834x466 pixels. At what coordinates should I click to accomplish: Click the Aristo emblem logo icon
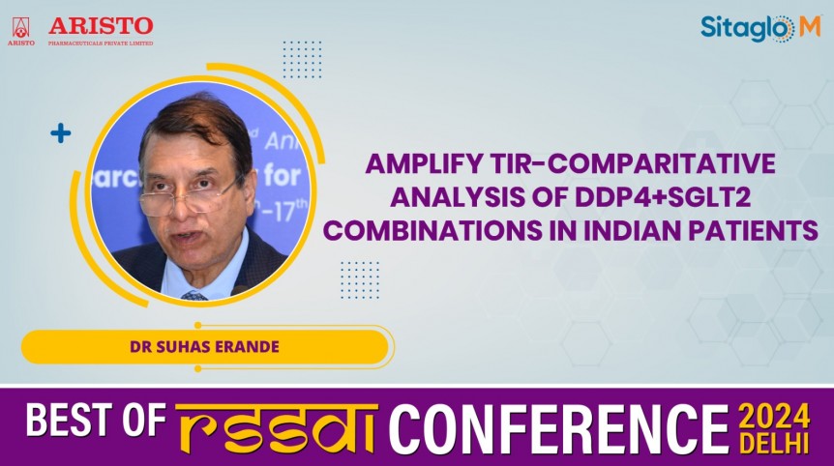tap(20, 30)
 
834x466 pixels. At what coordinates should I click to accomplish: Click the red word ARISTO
tap(101, 25)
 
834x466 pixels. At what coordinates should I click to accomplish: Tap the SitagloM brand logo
tap(760, 29)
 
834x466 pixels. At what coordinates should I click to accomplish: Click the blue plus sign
tap(61, 133)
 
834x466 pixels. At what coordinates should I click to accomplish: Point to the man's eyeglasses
tap(191, 197)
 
